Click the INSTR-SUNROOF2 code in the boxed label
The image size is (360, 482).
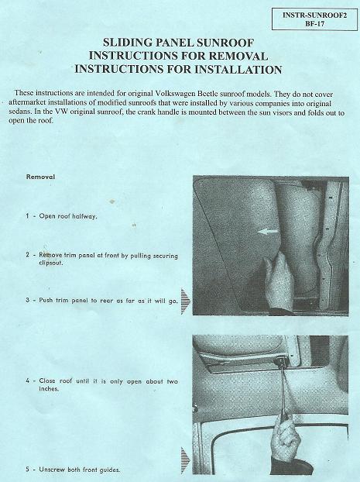314,15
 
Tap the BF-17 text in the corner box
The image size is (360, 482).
314,24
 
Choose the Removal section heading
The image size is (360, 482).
40,177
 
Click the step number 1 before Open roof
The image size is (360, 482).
27,215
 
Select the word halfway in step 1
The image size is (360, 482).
84,216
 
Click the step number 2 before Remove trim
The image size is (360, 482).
27,255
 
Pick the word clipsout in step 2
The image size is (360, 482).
50,263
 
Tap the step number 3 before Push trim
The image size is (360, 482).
27,300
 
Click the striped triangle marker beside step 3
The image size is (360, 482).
186,301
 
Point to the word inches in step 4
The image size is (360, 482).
49,388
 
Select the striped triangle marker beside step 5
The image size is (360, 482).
186,460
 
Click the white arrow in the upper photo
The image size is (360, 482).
268,231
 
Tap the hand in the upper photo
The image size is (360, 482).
278,283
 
